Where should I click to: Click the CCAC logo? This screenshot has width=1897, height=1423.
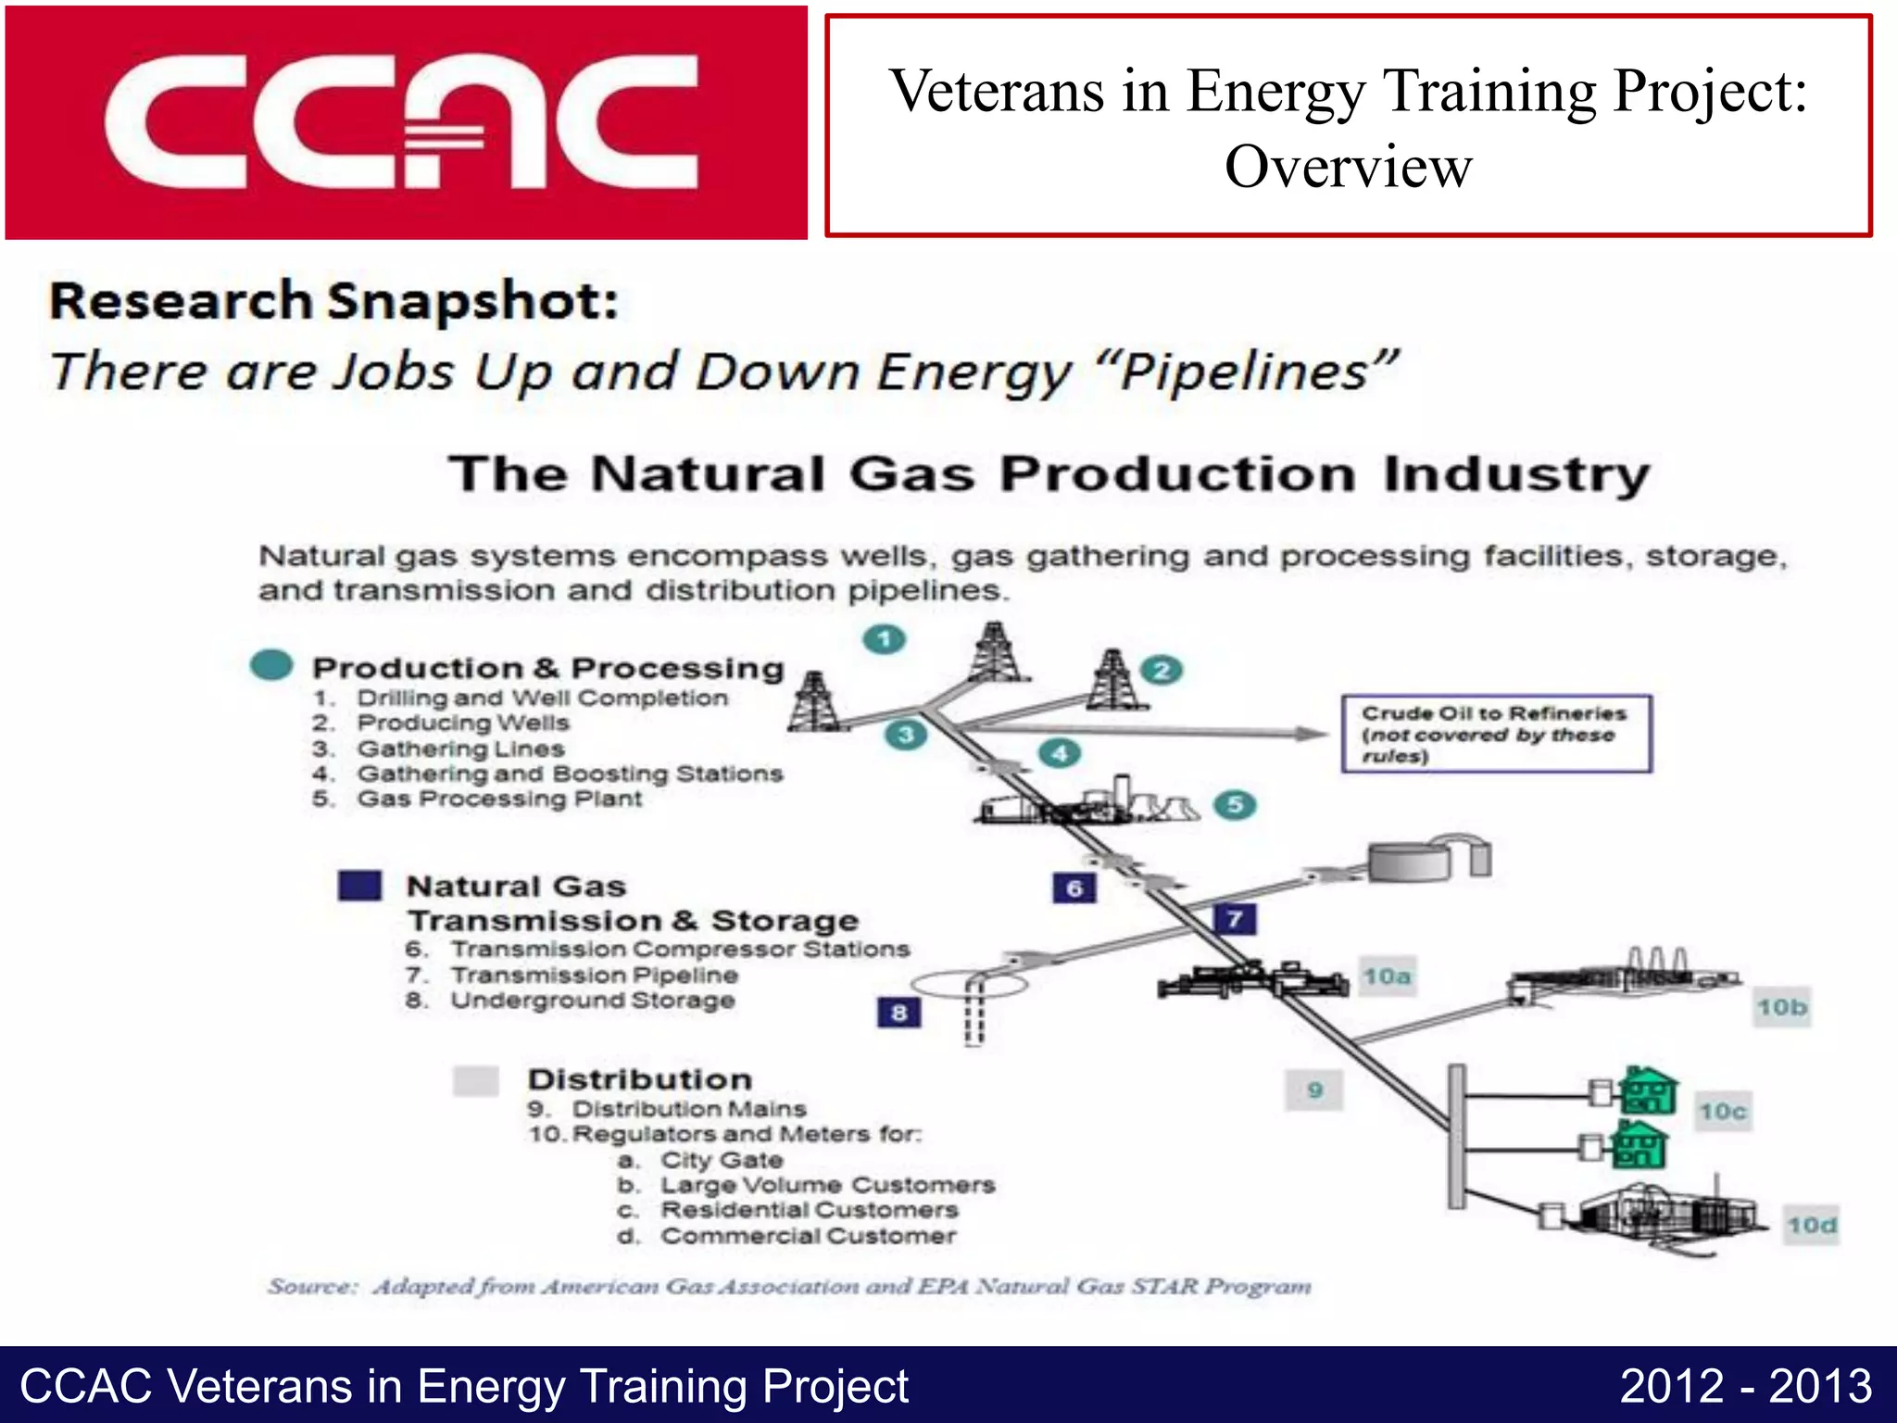click(405, 121)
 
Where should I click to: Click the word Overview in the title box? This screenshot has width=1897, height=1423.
click(1348, 168)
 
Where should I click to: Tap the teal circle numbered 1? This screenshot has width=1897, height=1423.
click(884, 639)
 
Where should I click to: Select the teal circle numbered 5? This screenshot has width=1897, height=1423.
click(1235, 804)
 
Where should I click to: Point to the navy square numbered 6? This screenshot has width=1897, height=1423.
click(1074, 888)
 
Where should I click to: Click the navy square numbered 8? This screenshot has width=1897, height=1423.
click(898, 1013)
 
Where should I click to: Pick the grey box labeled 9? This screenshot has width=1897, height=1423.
click(1314, 1089)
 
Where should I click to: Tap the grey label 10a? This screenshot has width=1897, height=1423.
click(1387, 976)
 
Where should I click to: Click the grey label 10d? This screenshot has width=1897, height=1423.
click(1811, 1226)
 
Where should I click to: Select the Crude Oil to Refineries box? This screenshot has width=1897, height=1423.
click(1496, 734)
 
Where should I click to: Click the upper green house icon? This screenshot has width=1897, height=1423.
click(1649, 1090)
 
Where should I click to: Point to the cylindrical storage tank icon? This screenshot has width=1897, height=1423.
click(1410, 863)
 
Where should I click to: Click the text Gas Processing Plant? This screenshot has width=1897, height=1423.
click(499, 799)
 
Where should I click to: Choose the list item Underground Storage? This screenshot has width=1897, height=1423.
click(592, 1001)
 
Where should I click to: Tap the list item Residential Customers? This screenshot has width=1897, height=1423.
click(809, 1210)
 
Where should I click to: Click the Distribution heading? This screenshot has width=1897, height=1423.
click(639, 1079)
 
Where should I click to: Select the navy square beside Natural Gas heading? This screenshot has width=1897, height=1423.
click(359, 886)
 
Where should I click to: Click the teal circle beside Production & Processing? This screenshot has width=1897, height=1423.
click(271, 664)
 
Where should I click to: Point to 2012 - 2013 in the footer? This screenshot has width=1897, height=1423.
click(1745, 1386)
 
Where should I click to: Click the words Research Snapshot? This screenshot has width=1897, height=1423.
click(333, 301)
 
